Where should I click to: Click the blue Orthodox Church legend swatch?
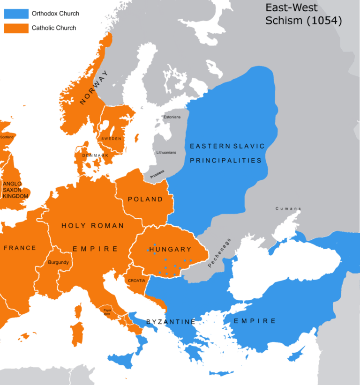click(x=16, y=14)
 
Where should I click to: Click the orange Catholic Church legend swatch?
click(x=16, y=28)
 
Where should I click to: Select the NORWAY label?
click(x=93, y=88)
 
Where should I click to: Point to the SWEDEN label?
click(x=111, y=139)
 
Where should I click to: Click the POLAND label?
click(x=145, y=199)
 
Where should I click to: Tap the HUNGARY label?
click(x=170, y=249)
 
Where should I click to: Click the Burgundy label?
click(x=59, y=262)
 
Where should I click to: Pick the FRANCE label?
click(x=20, y=248)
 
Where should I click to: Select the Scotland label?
click(x=7, y=137)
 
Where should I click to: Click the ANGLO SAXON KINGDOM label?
click(x=15, y=190)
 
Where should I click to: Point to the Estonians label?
click(x=172, y=117)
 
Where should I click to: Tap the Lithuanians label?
click(x=164, y=153)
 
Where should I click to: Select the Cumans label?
click(x=288, y=208)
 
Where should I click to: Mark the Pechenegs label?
click(x=217, y=256)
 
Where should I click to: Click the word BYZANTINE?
click(x=171, y=322)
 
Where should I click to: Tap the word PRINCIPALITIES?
click(x=225, y=160)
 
